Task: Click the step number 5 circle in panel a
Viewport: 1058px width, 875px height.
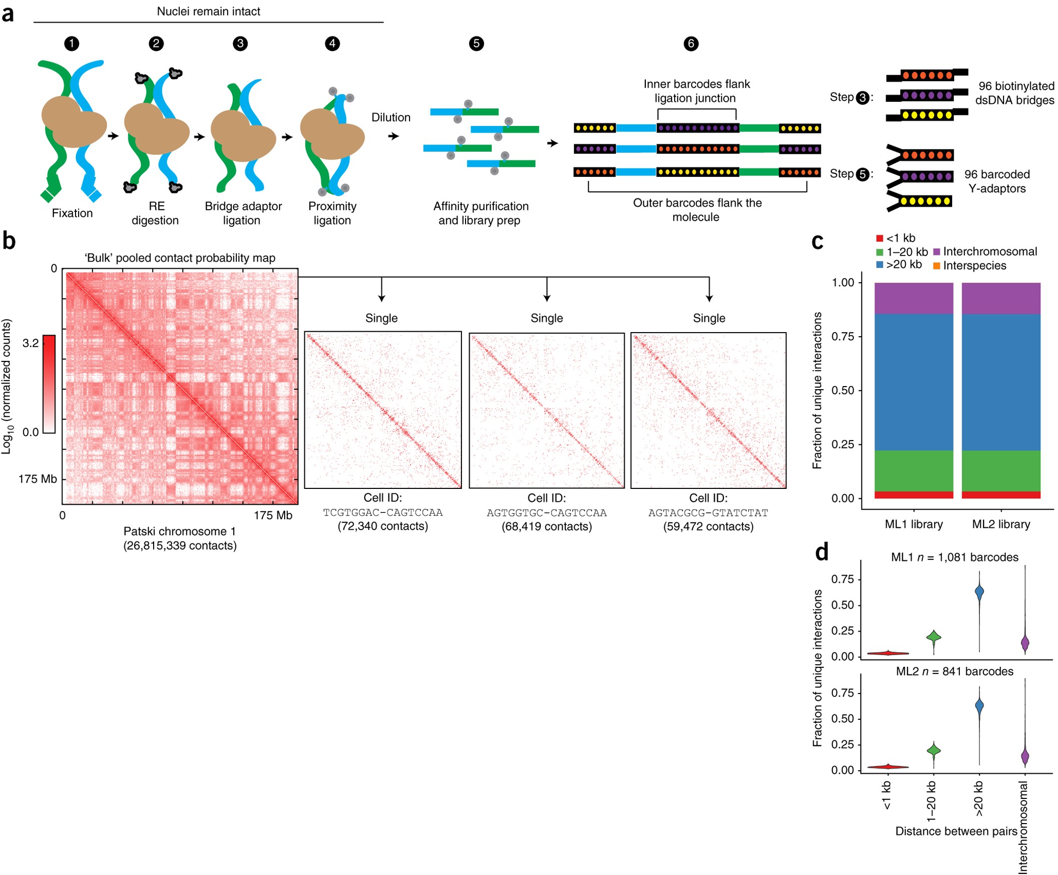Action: click(476, 43)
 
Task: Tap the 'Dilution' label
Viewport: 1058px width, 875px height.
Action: click(391, 117)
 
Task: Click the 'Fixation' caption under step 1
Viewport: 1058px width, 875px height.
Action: click(72, 213)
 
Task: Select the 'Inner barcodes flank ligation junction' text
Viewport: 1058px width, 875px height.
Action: click(696, 91)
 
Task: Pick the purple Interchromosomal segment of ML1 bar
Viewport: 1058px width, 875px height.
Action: click(913, 298)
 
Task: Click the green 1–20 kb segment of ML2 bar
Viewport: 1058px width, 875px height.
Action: click(1001, 470)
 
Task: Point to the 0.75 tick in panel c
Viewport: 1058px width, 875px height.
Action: click(842, 336)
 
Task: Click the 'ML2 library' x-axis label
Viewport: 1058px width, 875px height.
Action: click(1001, 524)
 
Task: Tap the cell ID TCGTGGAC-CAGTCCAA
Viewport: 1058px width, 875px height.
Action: click(382, 513)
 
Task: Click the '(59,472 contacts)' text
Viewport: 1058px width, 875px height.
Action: click(708, 527)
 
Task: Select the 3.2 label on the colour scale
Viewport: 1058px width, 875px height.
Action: click(30, 343)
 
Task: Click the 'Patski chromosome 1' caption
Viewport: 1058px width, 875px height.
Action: click(179, 531)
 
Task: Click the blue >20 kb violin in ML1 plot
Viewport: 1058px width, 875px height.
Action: click(979, 593)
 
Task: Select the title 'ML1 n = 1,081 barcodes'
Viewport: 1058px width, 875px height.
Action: click(954, 557)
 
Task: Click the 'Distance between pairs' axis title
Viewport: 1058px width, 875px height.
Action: click(956, 831)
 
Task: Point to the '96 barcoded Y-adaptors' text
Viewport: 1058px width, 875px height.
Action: click(997, 181)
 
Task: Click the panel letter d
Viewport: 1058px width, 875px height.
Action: click(821, 552)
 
